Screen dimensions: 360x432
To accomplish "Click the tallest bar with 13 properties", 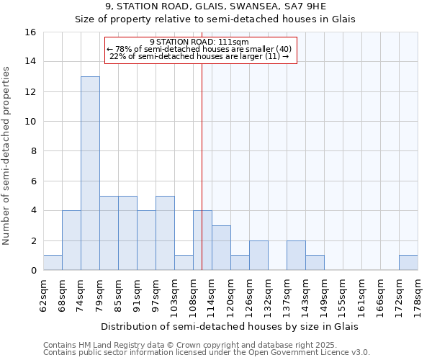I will coord(90,173).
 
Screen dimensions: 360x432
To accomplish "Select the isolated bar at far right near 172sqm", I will coord(408,263).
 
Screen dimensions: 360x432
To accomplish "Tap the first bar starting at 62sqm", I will coord(53,263).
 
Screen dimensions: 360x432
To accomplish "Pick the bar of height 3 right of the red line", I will coord(221,248).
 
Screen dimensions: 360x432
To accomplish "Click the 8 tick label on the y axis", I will coord(33,151).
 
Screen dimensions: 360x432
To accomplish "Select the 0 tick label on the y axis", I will coord(33,271).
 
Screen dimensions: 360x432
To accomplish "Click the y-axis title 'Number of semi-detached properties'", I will coord(7,155).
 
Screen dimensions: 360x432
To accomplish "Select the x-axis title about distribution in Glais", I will coord(230,326).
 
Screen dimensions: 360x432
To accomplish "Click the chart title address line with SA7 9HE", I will coord(215,6).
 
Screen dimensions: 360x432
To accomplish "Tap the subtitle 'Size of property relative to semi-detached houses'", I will coord(215,19).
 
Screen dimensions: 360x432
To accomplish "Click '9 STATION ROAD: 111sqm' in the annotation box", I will coord(200,42).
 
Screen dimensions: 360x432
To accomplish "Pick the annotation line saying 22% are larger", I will coord(200,56).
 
